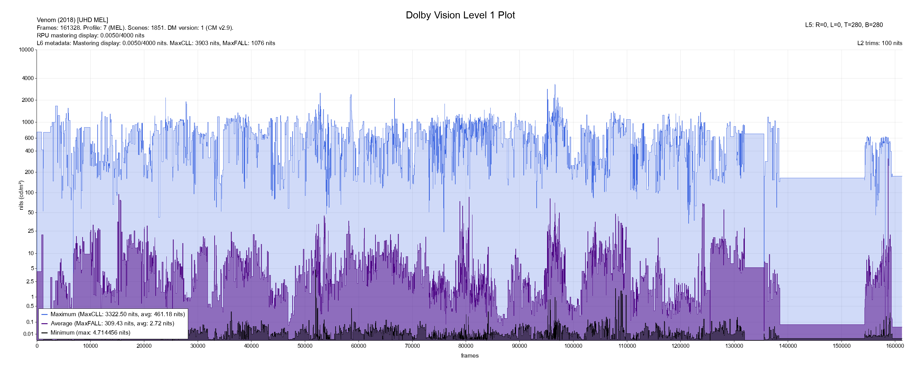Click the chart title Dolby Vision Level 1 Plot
point(460,15)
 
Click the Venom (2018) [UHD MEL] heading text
point(72,20)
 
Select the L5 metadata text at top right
point(844,25)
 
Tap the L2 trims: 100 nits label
point(880,43)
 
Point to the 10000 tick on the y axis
point(26,50)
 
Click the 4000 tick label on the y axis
point(28,78)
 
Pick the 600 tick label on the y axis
point(29,138)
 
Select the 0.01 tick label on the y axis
point(28,334)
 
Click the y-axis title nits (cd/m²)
point(21,195)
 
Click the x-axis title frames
point(469,355)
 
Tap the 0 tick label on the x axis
point(37,346)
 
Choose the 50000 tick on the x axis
point(305,346)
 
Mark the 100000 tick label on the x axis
point(573,346)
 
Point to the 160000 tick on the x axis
point(895,346)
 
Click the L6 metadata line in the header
point(156,43)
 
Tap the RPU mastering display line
point(91,35)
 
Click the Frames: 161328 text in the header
point(135,28)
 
